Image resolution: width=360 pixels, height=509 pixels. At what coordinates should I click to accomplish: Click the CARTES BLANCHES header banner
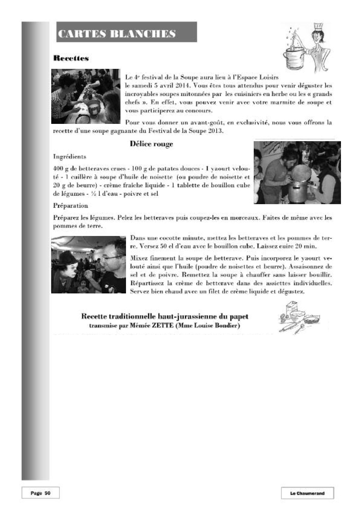(x=126, y=32)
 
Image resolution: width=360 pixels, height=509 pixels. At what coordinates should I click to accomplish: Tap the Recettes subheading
(x=71, y=58)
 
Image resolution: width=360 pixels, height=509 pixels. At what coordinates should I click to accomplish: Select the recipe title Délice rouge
(x=151, y=144)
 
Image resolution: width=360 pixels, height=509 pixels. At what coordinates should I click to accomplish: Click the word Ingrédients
(x=70, y=156)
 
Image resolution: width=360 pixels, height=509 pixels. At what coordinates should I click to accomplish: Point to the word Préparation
(x=71, y=206)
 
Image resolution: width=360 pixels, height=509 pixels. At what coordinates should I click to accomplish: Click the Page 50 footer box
(x=40, y=493)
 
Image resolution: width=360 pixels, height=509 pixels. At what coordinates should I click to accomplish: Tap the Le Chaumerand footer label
(x=307, y=493)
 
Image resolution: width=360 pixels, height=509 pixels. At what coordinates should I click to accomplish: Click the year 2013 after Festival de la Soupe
(x=217, y=131)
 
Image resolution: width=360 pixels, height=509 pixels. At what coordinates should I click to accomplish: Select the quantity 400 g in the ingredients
(x=61, y=169)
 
